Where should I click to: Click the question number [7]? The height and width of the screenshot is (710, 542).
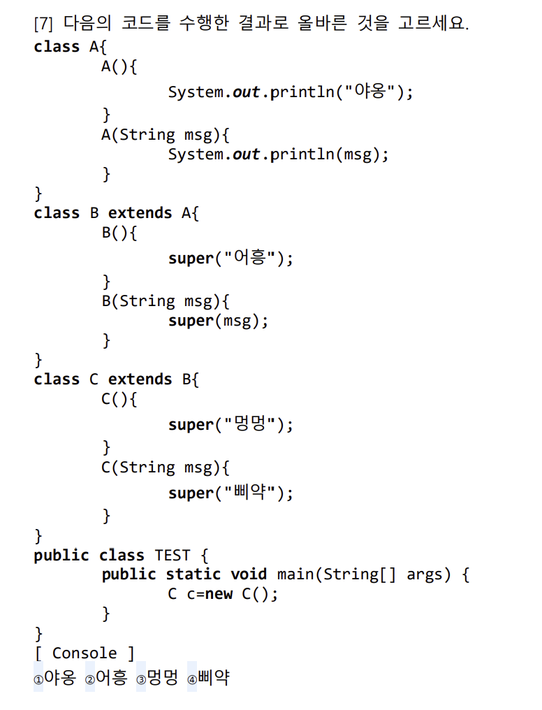[x=43, y=24]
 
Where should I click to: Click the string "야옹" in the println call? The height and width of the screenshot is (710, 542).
[x=369, y=92]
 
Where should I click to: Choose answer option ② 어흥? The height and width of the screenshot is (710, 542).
[x=106, y=678]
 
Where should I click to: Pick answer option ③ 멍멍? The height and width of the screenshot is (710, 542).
[x=157, y=678]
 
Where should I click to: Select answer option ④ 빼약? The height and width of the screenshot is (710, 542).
[x=208, y=678]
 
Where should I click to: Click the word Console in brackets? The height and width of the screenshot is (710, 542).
[x=85, y=653]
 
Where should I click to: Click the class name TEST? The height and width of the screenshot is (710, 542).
[x=172, y=556]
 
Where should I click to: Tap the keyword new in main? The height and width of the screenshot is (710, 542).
[x=219, y=595]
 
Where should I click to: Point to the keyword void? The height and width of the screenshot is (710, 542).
[x=249, y=574]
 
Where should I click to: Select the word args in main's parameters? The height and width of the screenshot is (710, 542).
[x=425, y=574]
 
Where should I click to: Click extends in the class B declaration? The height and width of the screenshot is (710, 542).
[x=140, y=212]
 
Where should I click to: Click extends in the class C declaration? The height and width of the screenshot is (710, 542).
[x=140, y=379]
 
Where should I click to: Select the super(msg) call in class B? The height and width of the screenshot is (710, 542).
[x=218, y=321]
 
